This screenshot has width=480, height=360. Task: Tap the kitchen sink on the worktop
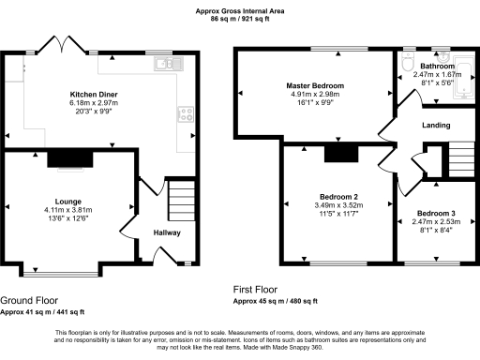click(167, 64)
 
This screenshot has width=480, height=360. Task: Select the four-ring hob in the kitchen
click(186, 115)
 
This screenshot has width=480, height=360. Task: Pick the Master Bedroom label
click(315, 85)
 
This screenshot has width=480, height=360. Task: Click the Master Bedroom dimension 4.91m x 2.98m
click(315, 94)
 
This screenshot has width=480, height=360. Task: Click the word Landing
click(436, 125)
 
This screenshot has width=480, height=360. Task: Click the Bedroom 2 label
click(335, 196)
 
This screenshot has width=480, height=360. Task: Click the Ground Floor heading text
click(28, 300)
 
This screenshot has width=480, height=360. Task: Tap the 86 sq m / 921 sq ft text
click(240, 19)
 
